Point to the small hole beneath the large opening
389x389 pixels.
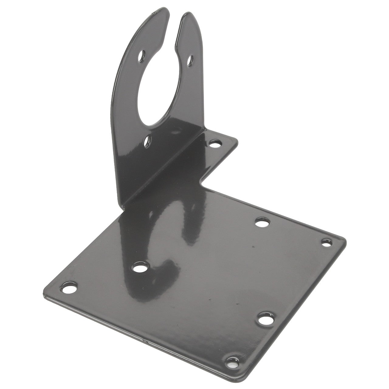coord(148,141)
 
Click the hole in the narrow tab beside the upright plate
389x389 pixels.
coord(215,143)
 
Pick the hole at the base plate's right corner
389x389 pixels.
coord(326,243)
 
